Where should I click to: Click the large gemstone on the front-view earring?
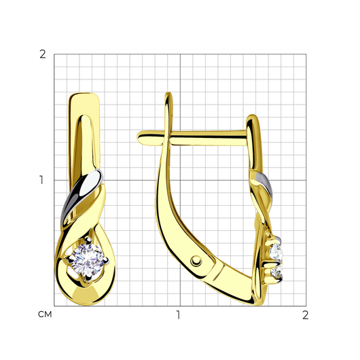(87, 260)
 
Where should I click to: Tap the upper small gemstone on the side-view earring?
(276, 251)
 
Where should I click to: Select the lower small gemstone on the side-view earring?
(276, 272)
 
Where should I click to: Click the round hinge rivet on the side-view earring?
(196, 261)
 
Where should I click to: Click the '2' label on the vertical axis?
(43, 54)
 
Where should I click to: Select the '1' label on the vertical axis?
(41, 180)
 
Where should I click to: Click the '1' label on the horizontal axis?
(178, 315)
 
